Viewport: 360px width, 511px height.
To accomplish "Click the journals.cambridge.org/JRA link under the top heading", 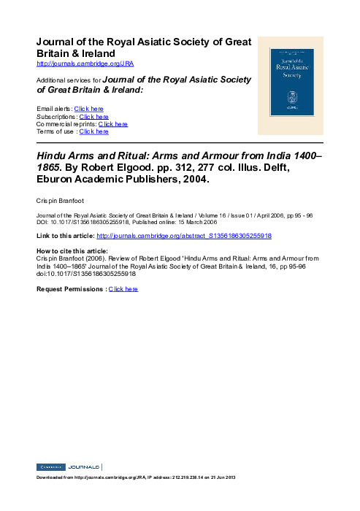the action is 85,64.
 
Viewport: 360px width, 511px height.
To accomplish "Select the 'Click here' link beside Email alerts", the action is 88,109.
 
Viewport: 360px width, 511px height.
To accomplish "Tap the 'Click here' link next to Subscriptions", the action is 93,117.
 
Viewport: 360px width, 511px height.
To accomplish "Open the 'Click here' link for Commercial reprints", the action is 112,124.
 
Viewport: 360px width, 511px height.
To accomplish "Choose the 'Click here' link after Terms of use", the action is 93,131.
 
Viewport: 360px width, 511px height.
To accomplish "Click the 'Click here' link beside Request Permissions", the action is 123,289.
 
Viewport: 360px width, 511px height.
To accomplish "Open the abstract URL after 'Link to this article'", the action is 184,237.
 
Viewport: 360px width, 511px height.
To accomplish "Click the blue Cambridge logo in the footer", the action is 50,466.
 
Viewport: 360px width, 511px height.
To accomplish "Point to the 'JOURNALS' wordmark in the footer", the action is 85,466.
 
